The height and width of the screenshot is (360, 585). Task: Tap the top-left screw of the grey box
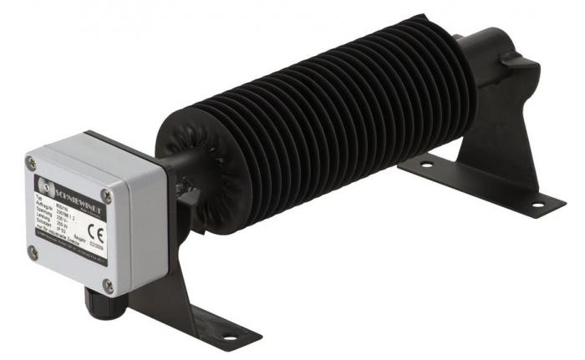tap(31, 164)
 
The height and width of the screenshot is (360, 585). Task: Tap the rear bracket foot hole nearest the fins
tap(427, 165)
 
